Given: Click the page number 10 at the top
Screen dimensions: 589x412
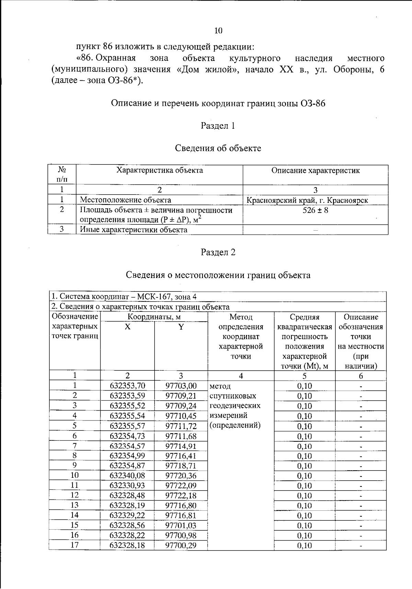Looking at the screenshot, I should [x=218, y=31].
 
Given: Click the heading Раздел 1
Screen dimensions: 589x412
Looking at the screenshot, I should [x=218, y=126].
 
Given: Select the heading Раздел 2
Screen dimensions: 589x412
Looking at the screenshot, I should [x=218, y=253].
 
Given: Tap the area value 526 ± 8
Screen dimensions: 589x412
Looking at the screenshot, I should [x=315, y=210].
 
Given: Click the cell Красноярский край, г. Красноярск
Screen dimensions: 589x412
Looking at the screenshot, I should [x=307, y=200].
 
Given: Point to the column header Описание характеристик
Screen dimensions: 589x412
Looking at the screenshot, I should [x=315, y=171].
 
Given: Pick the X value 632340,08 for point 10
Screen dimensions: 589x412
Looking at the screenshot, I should [x=127, y=476].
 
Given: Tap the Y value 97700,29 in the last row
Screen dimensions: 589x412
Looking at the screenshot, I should [x=181, y=545].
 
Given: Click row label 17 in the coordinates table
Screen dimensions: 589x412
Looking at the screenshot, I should [x=75, y=545].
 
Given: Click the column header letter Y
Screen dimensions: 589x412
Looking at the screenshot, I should [x=181, y=327].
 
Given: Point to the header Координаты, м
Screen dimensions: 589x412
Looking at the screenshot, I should [x=154, y=317].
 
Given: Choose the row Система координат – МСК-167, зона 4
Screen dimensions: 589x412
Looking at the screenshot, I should [x=124, y=297].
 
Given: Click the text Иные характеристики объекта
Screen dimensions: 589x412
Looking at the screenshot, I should [x=134, y=230].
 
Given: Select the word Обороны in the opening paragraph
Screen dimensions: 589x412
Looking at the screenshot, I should [x=350, y=70].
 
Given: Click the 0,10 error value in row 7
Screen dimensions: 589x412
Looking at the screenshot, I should [x=304, y=447].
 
